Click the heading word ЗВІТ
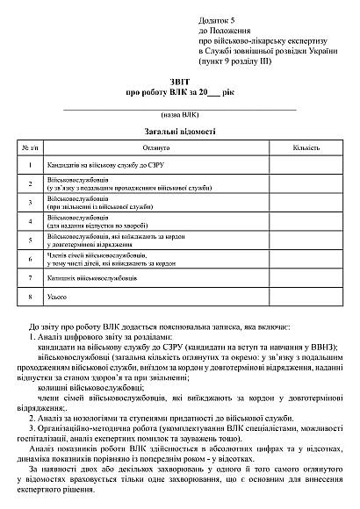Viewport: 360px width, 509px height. [179, 80]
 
